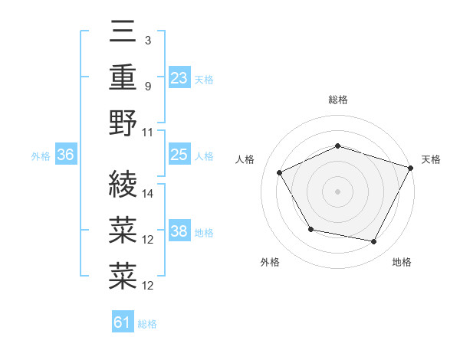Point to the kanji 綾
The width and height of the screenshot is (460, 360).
pos(123,184)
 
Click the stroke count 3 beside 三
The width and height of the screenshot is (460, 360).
pos(147,41)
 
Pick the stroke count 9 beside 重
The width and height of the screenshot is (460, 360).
pos(147,86)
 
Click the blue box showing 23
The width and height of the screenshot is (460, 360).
pos(179,78)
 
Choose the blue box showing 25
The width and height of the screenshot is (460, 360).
pos(179,155)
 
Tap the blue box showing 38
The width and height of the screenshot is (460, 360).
pos(179,231)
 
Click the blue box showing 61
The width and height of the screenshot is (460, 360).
pos(123,322)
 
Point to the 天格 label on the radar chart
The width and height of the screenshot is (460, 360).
pos(432,159)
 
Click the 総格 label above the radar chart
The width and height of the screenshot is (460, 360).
pos(338,100)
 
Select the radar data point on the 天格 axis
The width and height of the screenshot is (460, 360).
pos(412,167)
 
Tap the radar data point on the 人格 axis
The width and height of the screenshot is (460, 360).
pos(280,172)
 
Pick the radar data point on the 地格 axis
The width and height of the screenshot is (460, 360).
pos(374,242)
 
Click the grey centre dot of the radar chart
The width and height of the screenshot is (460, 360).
pos(338,191)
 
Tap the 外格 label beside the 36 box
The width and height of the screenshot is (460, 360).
pos(41,156)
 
